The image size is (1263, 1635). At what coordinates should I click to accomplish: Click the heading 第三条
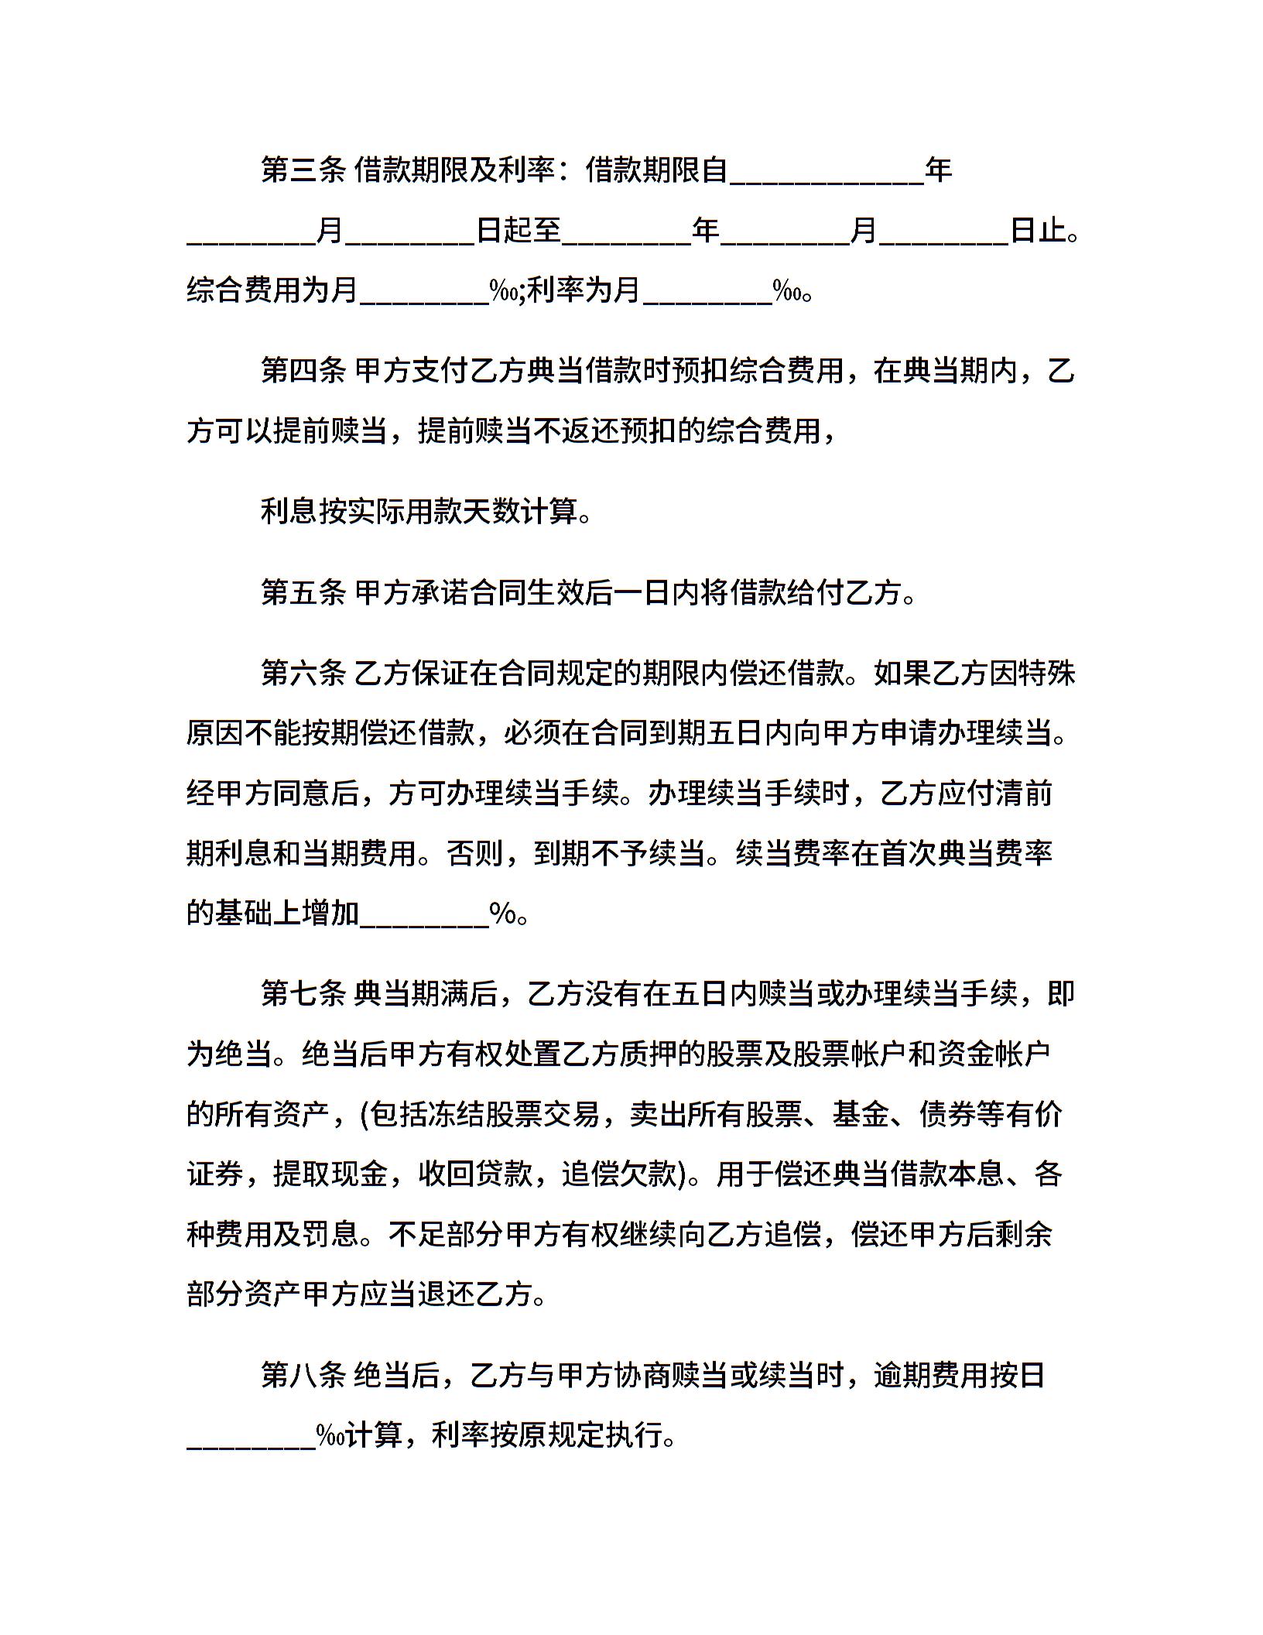coord(303,170)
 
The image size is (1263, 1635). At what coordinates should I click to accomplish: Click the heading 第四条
coord(303,371)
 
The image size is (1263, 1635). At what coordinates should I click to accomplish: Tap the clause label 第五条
coord(303,592)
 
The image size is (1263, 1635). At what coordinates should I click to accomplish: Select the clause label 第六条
coord(303,673)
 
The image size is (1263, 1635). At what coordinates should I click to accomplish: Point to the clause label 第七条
coord(303,993)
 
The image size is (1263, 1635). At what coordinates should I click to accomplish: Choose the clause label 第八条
coord(303,1376)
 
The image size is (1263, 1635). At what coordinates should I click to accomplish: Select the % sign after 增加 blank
coord(503,913)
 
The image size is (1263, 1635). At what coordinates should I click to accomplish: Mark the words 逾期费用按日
coord(960,1376)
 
